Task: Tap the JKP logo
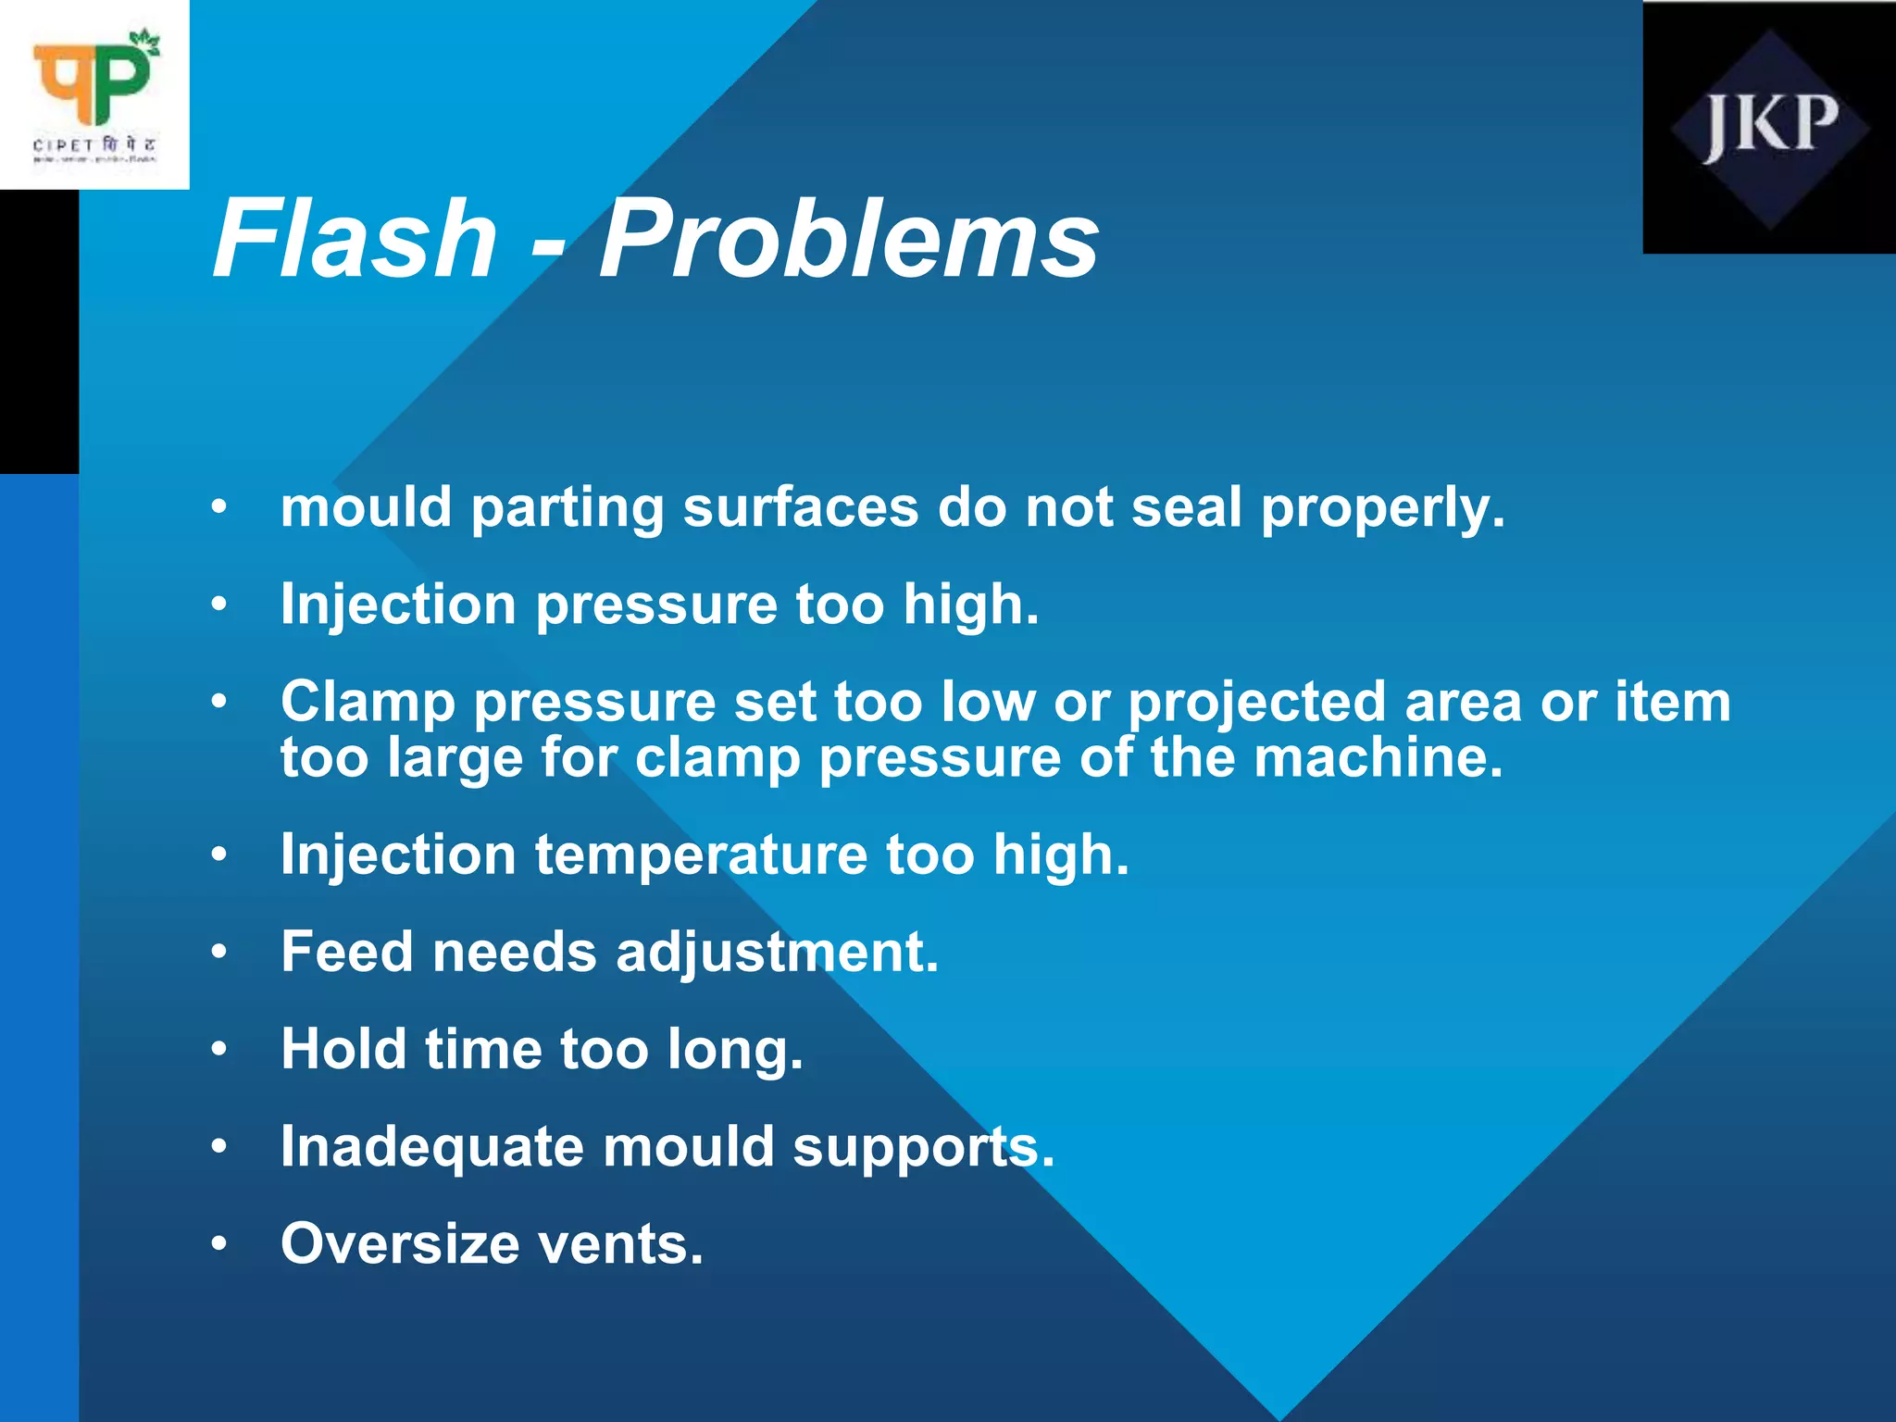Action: coord(1769,128)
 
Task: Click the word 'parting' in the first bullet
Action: coord(567,508)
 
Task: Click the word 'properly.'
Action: coord(1383,508)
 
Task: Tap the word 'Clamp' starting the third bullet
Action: coord(368,702)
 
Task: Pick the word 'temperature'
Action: coord(701,854)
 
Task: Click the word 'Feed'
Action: coord(347,952)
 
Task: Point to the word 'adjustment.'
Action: coord(777,952)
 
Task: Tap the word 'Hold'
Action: coord(343,1049)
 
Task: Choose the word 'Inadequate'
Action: coord(432,1147)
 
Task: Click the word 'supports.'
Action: coord(923,1147)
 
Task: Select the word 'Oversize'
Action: coord(400,1243)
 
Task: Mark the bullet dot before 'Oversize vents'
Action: coord(218,1244)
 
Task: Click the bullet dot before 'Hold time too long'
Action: coord(218,1050)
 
